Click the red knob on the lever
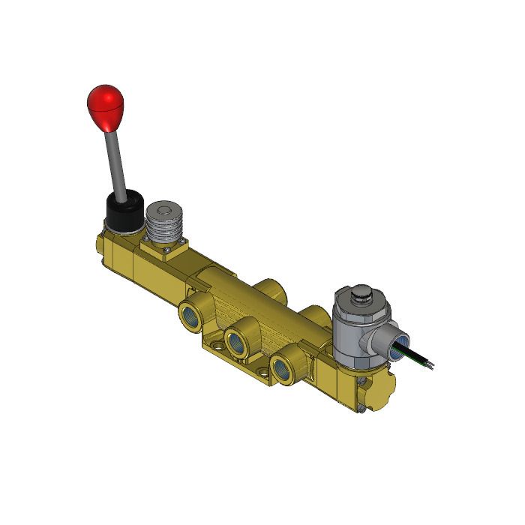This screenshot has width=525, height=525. pyautogui.click(x=105, y=106)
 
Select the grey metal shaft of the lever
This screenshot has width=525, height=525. pyautogui.click(x=116, y=161)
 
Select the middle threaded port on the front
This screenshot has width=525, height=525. pyautogui.click(x=239, y=338)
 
